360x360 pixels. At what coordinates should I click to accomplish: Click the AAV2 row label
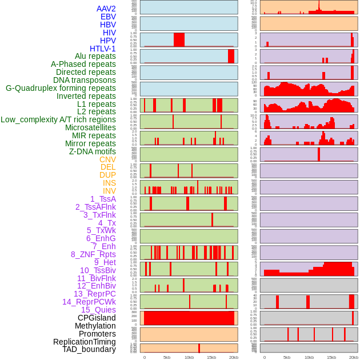tap(106, 9)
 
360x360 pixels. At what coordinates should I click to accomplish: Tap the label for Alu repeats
tap(95, 56)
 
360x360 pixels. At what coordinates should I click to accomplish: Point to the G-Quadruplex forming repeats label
tap(61, 88)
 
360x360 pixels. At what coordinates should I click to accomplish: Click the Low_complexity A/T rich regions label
tap(58, 119)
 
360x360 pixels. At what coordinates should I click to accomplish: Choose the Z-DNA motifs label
tap(92, 151)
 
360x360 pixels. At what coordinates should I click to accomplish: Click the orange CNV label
tap(107, 159)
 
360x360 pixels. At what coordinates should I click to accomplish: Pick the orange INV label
tap(109, 191)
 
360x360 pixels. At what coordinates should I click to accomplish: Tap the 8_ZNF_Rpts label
tap(93, 254)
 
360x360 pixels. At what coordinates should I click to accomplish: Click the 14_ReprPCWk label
tap(89, 302)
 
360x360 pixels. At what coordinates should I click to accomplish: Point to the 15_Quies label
tap(98, 310)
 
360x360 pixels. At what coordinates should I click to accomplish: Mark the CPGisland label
tap(97, 318)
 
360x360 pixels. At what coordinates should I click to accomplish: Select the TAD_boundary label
tap(89, 349)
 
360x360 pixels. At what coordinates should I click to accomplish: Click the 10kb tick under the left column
tap(189, 357)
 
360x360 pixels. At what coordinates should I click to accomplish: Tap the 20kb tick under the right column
tap(354, 357)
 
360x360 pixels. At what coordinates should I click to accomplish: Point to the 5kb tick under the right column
tap(287, 357)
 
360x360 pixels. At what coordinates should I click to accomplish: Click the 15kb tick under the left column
tap(211, 357)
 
